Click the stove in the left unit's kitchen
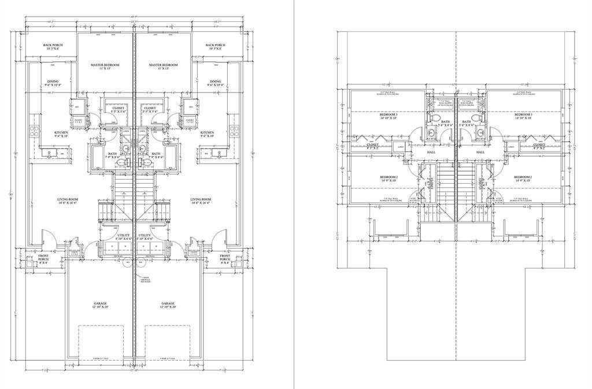pos(36,130)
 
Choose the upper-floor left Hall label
pos(431,152)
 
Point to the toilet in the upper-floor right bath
pos(478,132)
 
